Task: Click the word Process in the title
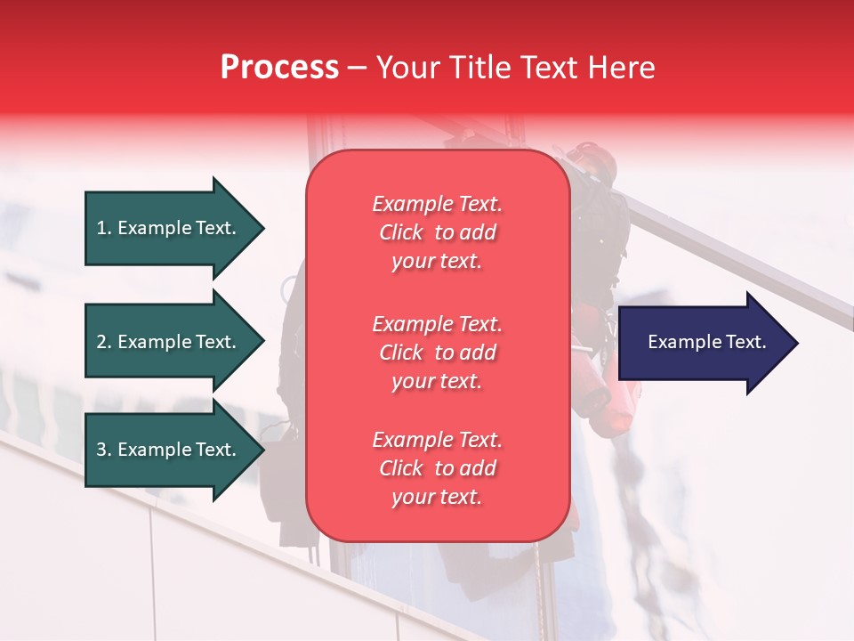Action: coord(279,68)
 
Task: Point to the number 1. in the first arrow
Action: coord(104,228)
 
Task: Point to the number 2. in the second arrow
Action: coord(104,342)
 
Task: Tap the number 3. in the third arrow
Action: coord(104,450)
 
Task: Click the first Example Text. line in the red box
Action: coord(437,204)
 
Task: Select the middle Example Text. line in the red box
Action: coord(437,324)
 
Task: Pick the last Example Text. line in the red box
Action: coord(437,440)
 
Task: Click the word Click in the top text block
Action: coord(401,232)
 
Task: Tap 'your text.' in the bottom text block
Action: coord(437,497)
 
